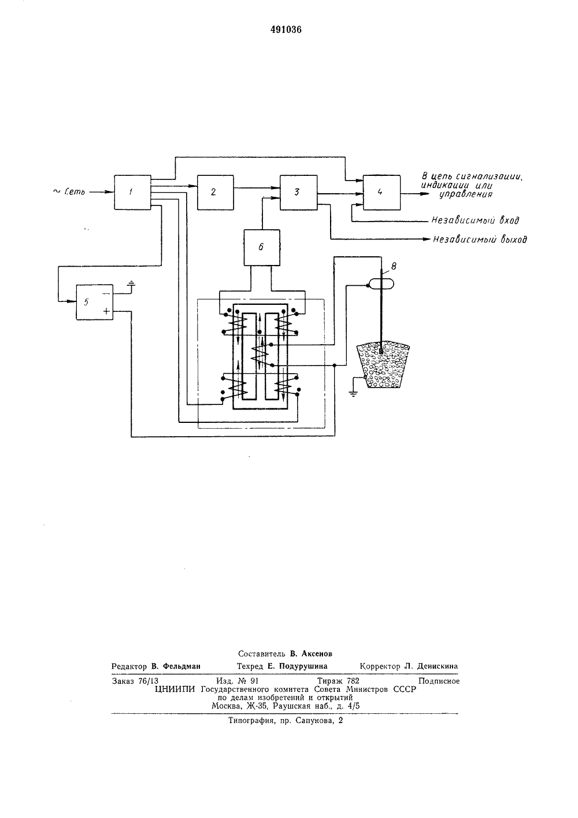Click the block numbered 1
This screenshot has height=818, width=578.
tap(132, 193)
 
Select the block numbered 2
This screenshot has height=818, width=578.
tap(215, 193)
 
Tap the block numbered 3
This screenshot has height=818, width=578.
tap(298, 193)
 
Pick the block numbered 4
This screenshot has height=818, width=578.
tap(381, 193)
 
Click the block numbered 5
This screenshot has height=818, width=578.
tap(94, 303)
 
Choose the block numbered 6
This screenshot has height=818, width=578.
tap(262, 248)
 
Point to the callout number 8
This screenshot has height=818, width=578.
tap(394, 267)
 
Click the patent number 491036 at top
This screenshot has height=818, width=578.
tap(286, 30)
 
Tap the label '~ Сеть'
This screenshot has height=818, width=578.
tap(69, 191)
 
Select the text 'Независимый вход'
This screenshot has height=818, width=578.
tap(475, 220)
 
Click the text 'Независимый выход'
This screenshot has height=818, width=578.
tap(480, 239)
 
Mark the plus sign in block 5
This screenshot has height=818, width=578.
tap(106, 311)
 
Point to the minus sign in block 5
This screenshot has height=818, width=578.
tap(106, 293)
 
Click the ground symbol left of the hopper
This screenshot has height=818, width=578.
tap(353, 393)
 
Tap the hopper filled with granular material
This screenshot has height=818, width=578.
tap(383, 365)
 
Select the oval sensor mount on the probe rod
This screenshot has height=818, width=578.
tap(381, 283)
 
